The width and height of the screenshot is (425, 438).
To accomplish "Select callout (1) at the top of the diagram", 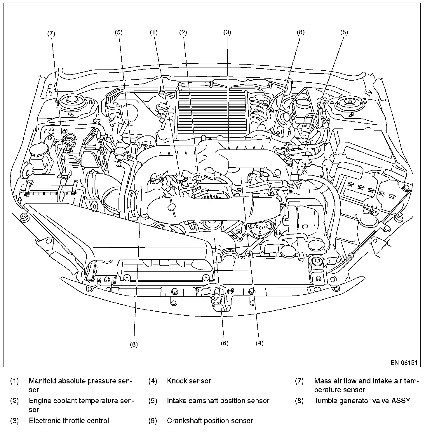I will (154, 32).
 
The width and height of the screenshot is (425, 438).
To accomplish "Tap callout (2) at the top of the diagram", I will (183, 32).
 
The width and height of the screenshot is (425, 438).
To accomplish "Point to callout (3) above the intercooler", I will (227, 32).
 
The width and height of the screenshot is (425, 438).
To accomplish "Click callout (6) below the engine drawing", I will (224, 343).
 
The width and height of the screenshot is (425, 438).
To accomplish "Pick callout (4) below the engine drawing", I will (259, 343).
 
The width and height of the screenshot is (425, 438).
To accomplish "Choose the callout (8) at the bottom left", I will (134, 344).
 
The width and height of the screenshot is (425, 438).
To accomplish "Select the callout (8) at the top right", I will (300, 32).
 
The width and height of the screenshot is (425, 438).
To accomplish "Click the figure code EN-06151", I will (404, 362).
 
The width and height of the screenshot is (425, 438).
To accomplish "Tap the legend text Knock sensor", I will (189, 381).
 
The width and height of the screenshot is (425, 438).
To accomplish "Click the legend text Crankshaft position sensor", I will (210, 421).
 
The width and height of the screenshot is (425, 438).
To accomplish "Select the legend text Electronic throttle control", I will (69, 421).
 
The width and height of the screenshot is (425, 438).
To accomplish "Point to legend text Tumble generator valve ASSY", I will (362, 401).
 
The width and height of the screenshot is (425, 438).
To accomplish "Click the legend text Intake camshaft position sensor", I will (218, 401).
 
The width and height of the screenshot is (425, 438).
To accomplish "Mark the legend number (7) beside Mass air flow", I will (299, 381).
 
